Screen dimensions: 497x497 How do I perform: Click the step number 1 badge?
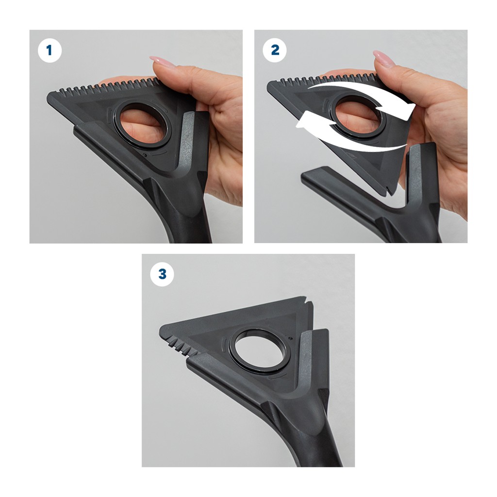(50, 50)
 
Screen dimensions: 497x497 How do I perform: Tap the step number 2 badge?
(275, 50)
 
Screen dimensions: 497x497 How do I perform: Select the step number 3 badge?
(162, 274)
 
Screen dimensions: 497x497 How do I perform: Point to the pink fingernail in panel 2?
(384, 58)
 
